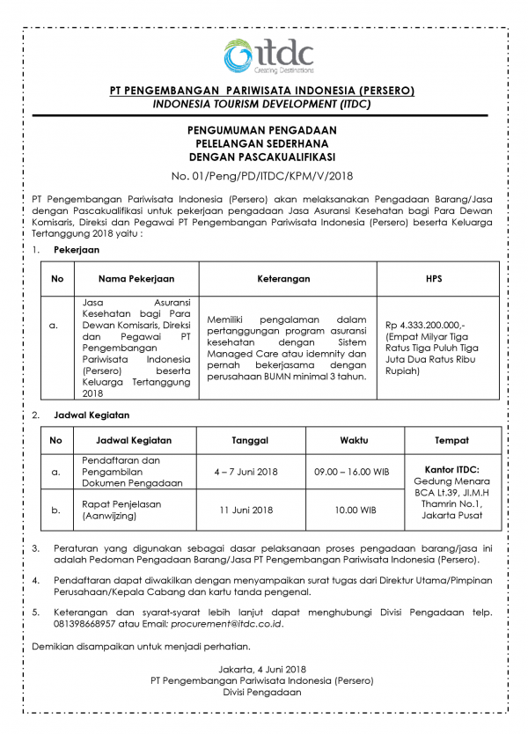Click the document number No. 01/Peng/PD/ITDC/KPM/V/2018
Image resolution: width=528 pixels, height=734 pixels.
(261, 175)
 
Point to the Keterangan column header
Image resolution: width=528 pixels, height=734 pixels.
(283, 279)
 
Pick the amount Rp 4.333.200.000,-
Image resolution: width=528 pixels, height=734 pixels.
(426, 326)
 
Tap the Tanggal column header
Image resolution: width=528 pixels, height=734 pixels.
(250, 440)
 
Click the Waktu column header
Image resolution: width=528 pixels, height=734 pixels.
(355, 440)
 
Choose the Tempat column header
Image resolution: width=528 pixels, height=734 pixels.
(451, 440)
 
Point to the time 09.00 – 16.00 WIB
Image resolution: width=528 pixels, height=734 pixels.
(352, 472)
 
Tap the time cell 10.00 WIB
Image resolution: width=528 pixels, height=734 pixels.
(355, 510)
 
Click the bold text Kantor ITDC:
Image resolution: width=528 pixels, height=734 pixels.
(451, 469)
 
